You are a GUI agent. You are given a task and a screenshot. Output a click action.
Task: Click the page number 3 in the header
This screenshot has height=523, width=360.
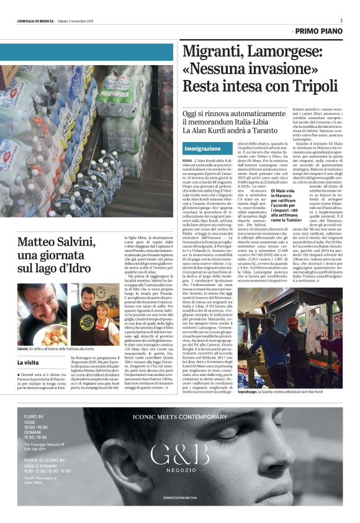(341, 21)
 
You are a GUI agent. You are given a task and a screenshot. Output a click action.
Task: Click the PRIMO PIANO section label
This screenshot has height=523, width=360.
(319, 30)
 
